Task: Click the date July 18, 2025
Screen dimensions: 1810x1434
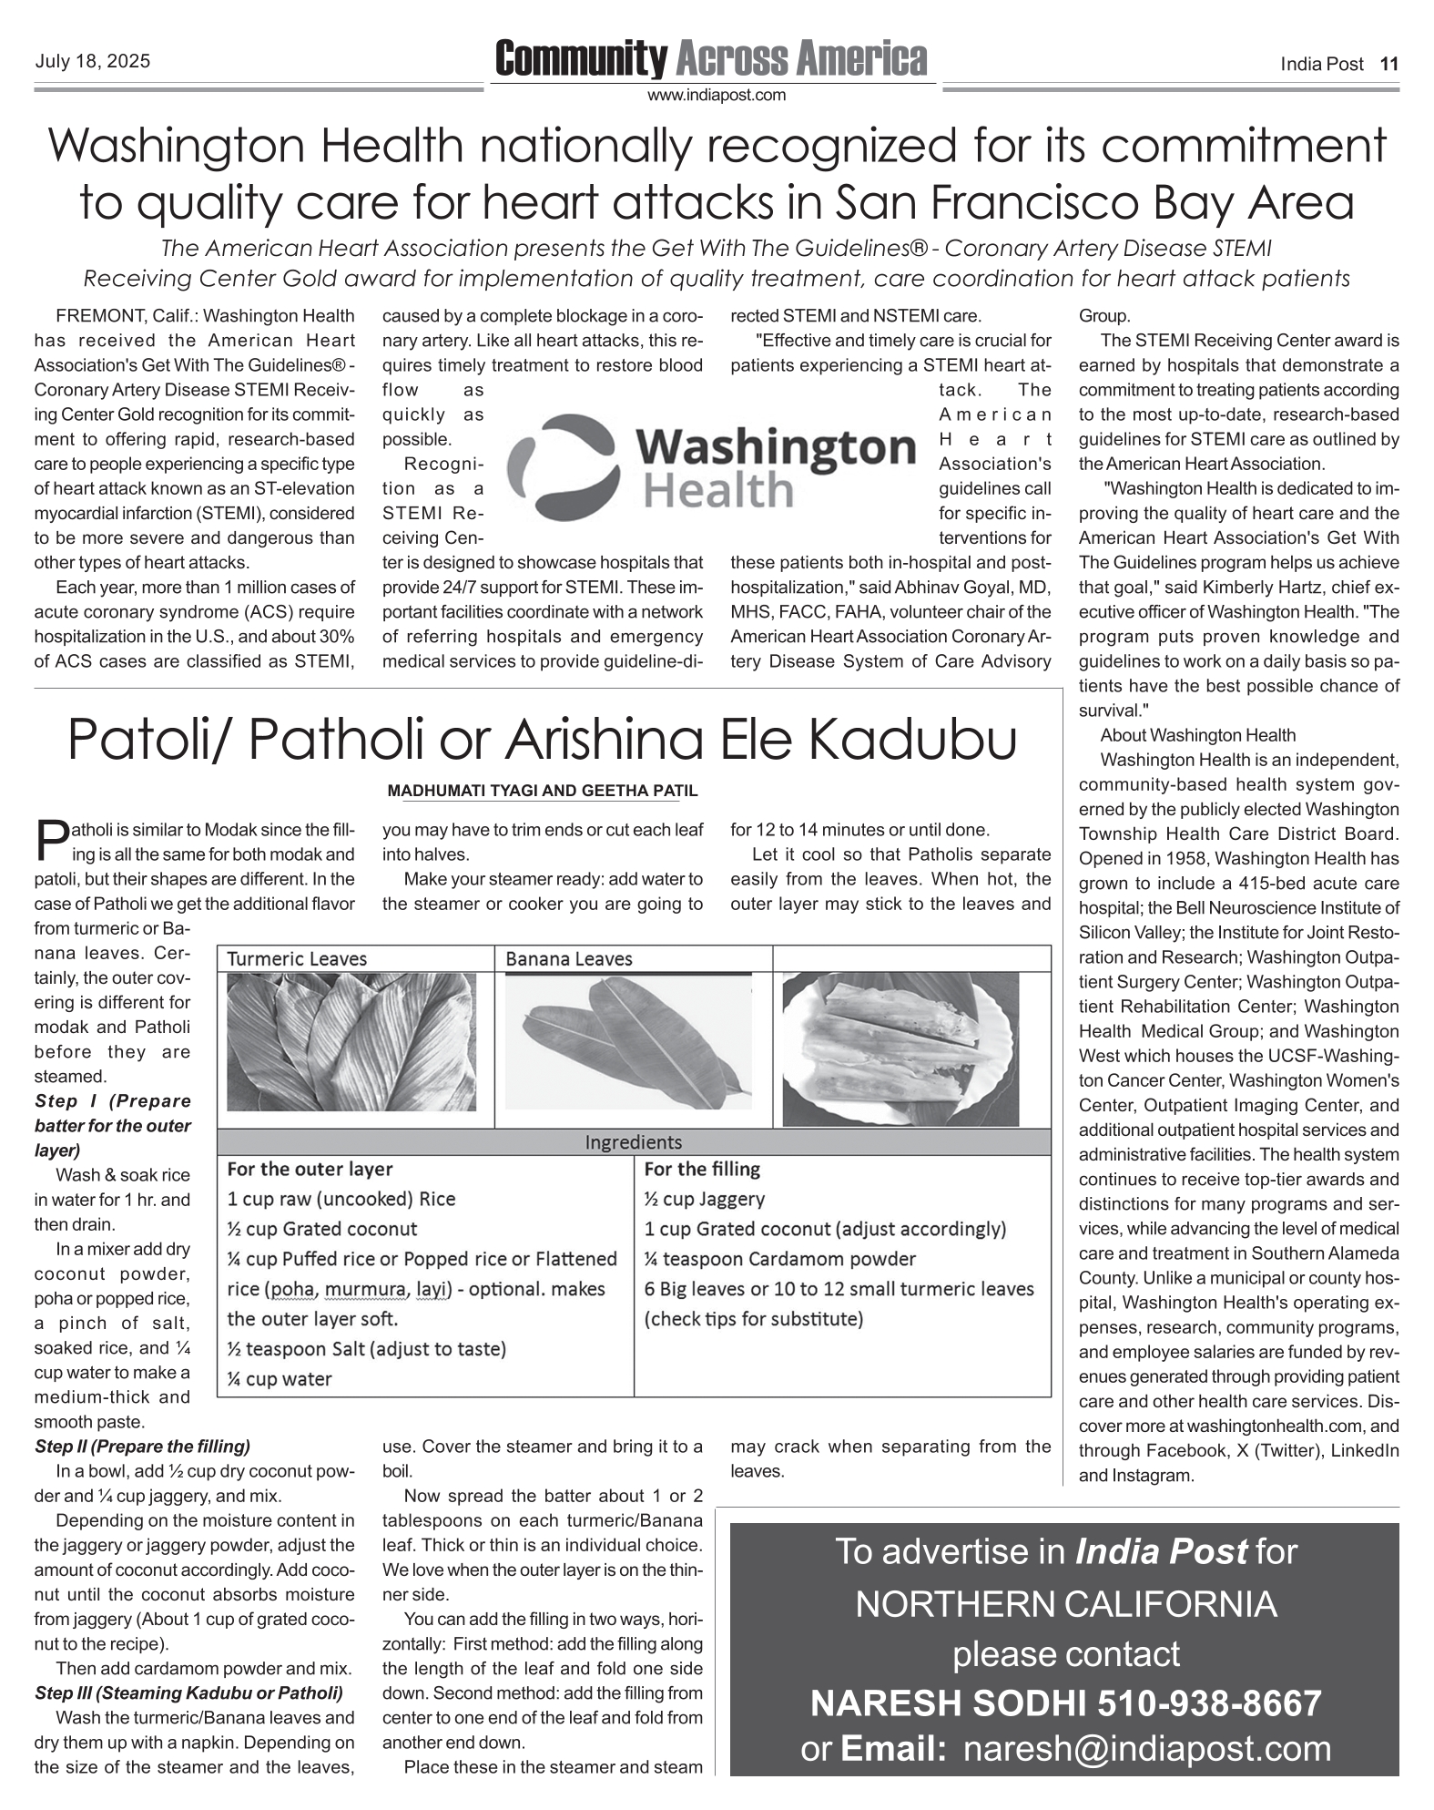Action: [92, 62]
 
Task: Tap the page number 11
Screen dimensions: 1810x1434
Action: [1388, 64]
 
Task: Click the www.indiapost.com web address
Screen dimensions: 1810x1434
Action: [716, 95]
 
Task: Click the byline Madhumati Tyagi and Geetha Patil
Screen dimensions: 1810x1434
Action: [543, 791]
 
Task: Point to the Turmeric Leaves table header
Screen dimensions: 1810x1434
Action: [297, 958]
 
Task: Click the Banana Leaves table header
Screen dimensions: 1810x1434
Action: [568, 958]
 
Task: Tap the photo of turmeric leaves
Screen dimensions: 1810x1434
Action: [351, 1041]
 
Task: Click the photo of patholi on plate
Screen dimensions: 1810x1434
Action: [900, 1048]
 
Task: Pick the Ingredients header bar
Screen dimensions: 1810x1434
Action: [633, 1142]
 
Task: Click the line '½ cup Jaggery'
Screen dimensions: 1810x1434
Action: [704, 1199]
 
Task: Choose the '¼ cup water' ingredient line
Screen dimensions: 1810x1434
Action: [280, 1379]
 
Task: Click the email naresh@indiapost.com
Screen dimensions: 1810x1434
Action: [1147, 1749]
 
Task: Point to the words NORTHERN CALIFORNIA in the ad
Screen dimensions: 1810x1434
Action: [1065, 1604]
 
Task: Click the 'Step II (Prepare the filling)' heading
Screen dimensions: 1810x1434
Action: [142, 1447]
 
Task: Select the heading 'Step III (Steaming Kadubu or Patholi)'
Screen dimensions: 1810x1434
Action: [188, 1693]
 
